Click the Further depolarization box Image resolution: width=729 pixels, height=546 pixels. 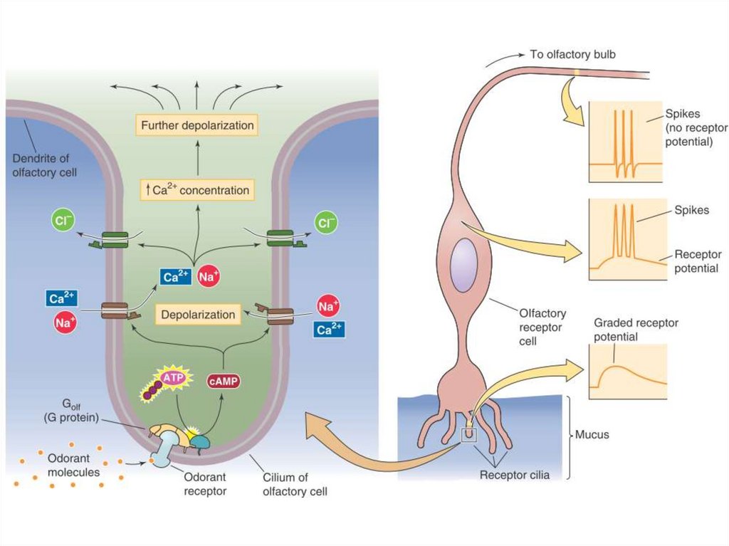[x=197, y=125]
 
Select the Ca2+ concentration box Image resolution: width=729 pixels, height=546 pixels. [x=196, y=190]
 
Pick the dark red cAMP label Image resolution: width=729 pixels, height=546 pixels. [x=224, y=381]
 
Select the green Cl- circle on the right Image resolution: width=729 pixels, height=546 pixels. [x=327, y=224]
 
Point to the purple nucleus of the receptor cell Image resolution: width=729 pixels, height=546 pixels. [x=463, y=265]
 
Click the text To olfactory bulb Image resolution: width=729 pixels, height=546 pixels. [x=572, y=54]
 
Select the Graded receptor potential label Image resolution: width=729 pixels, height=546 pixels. [x=636, y=330]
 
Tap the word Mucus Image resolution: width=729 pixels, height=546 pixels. [x=592, y=434]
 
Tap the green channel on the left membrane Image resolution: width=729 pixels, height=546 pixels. [x=114, y=239]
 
